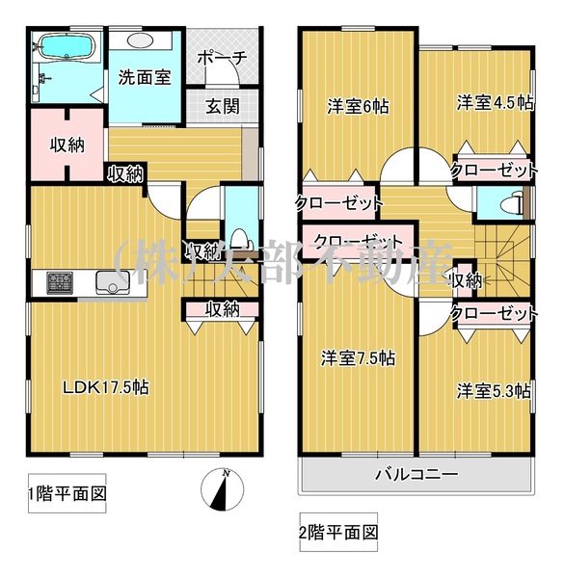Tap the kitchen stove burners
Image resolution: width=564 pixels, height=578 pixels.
[60, 282]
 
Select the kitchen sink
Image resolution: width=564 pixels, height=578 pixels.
[113, 282]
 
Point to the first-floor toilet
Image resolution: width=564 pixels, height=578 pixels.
[243, 239]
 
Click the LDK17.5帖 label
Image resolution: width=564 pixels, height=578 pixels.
[106, 387]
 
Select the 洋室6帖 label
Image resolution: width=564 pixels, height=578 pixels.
[358, 107]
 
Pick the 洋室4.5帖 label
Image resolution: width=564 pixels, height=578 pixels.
[495, 103]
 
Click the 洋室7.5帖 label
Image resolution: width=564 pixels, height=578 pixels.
[359, 358]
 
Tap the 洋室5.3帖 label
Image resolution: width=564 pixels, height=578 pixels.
[495, 391]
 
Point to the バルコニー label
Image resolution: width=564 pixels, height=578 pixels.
[416, 474]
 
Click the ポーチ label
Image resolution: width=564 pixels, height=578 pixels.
[222, 58]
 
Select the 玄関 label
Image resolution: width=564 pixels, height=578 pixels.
[222, 107]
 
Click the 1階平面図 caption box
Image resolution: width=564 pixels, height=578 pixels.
[67, 493]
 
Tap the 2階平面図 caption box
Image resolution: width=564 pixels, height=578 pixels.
[338, 532]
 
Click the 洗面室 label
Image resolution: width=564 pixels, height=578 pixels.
[145, 77]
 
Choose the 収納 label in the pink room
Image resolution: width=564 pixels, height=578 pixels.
[67, 145]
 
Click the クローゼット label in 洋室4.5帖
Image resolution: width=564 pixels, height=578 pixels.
[494, 171]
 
